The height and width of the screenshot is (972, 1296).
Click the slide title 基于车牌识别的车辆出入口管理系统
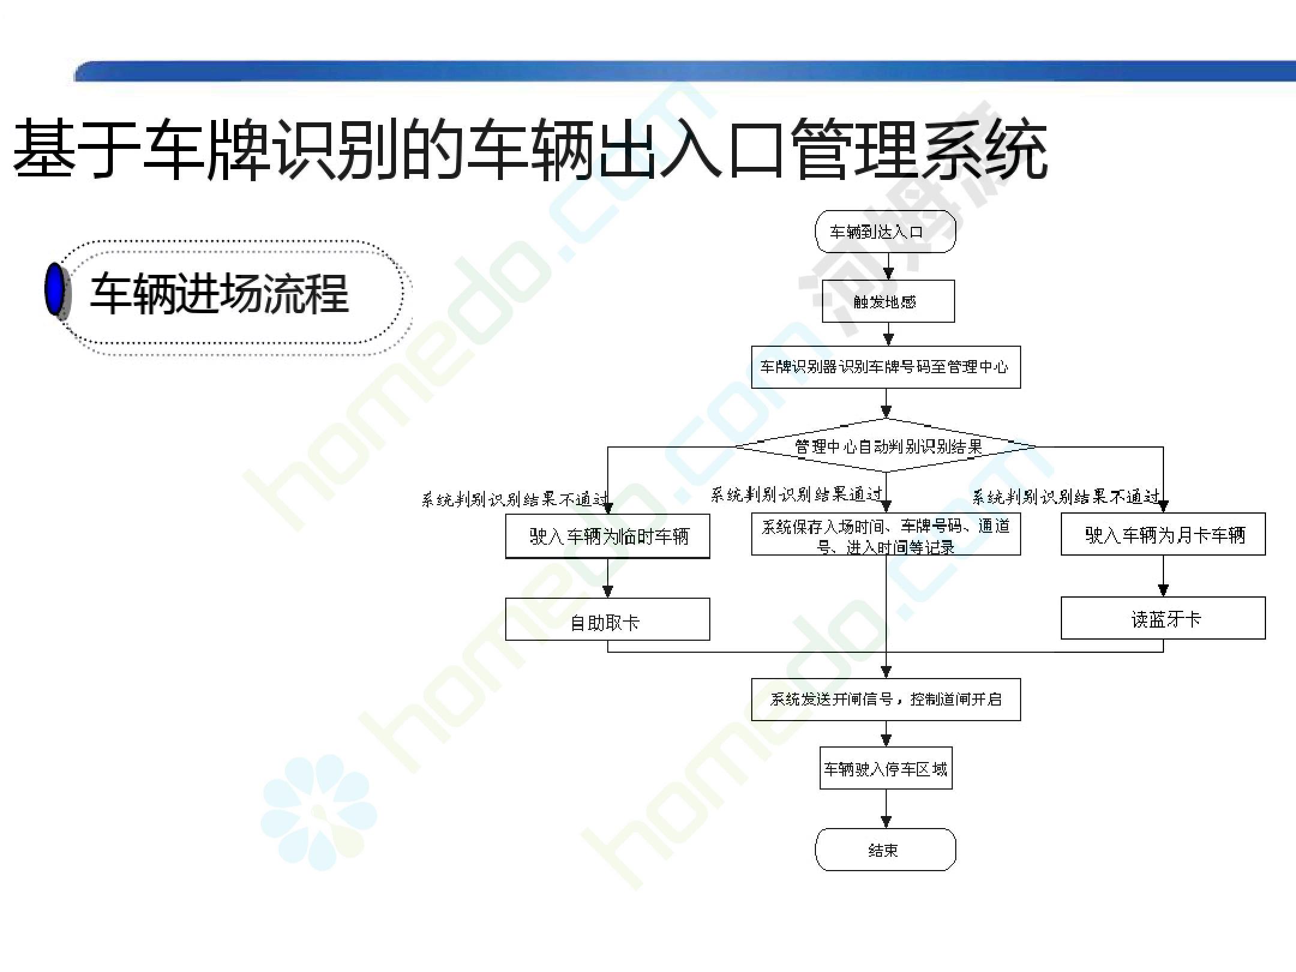tap(530, 149)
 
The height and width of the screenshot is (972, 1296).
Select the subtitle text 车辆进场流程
tap(220, 293)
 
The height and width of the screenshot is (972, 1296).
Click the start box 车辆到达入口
tap(885, 232)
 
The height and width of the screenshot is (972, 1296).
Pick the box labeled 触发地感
tap(888, 301)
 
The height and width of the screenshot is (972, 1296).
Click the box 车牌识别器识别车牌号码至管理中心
tap(886, 367)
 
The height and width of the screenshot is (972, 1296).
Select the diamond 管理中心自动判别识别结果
tap(886, 446)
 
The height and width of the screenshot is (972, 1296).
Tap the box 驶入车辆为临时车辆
tap(607, 536)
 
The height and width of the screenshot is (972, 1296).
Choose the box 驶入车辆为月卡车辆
tap(1163, 534)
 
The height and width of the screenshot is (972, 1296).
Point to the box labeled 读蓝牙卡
tap(1163, 618)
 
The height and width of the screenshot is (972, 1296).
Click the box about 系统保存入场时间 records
tap(886, 534)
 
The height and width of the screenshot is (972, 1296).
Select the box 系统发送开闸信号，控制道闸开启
tap(886, 700)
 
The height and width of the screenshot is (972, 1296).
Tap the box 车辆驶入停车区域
tap(886, 768)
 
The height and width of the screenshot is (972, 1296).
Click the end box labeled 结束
tap(885, 850)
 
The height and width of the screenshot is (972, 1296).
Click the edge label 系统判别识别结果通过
tap(797, 494)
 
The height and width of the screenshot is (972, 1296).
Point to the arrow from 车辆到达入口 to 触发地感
tap(889, 266)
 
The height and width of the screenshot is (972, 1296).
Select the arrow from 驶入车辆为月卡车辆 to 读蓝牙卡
tap(1163, 576)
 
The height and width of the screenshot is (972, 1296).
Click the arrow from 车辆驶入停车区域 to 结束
tap(886, 809)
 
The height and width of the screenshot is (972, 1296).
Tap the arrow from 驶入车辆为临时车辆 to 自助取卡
tap(607, 578)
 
